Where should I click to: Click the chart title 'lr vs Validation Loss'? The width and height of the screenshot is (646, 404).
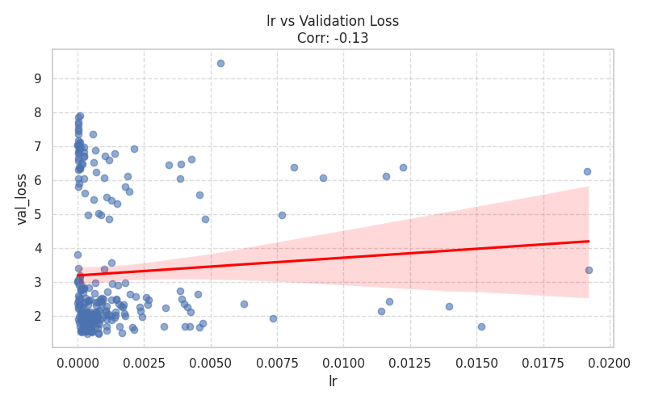333,21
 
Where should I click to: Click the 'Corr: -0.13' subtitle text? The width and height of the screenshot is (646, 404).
333,37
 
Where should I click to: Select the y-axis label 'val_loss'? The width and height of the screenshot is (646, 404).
22,199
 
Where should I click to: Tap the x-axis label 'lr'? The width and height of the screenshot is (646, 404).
333,381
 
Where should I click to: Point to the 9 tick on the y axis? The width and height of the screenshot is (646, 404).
36,79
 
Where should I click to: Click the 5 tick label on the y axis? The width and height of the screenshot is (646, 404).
36,215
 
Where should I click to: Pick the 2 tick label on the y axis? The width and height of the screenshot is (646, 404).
36,317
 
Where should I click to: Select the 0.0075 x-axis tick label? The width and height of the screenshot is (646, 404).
277,362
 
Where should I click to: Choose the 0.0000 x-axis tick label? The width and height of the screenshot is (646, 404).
78,362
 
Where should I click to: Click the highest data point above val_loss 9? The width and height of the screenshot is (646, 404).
220,63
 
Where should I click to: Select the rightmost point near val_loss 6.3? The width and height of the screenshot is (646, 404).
587,171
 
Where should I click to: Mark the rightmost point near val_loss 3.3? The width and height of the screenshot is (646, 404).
589,270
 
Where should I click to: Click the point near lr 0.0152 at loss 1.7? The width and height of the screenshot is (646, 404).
481,326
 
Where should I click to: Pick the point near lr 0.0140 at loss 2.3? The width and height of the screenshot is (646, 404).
449,306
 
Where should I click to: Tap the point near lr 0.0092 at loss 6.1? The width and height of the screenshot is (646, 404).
323,178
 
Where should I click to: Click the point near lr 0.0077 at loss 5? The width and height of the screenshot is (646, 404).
282,215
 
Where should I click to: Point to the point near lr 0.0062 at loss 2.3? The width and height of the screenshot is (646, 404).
244,304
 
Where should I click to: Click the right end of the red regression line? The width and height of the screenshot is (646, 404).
589,241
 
